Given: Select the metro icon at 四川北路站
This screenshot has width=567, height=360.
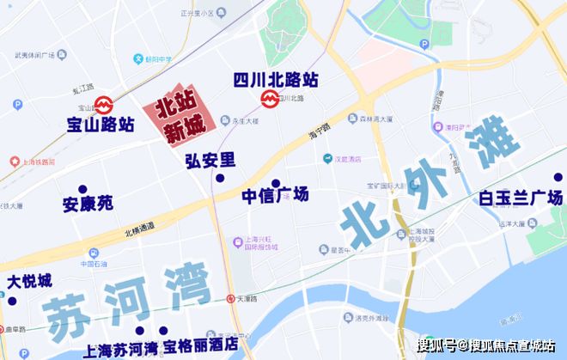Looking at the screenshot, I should click(x=270, y=99).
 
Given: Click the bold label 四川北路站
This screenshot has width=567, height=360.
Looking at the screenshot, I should click(x=276, y=80).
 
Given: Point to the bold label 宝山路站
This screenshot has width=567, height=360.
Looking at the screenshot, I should click(x=100, y=125).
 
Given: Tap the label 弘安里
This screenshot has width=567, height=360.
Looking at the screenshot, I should click(x=210, y=160).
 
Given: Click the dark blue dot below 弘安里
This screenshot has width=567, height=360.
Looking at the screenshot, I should click(x=220, y=178).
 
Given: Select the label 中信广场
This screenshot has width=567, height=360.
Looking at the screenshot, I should click(x=274, y=196).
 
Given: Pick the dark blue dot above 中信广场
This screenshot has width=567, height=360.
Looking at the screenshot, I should click(x=276, y=182).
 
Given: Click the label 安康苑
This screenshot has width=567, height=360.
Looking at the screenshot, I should click(x=87, y=204).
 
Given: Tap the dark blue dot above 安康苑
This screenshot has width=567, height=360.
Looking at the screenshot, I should click(x=82, y=189).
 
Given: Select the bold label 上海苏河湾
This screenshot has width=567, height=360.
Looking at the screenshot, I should click(x=120, y=349).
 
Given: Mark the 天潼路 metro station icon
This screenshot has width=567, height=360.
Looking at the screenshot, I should click(x=231, y=299).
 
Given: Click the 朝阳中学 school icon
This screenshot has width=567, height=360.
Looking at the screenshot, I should click(x=137, y=58).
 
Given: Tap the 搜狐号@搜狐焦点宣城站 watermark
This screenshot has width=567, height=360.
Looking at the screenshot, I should click(x=485, y=345).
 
